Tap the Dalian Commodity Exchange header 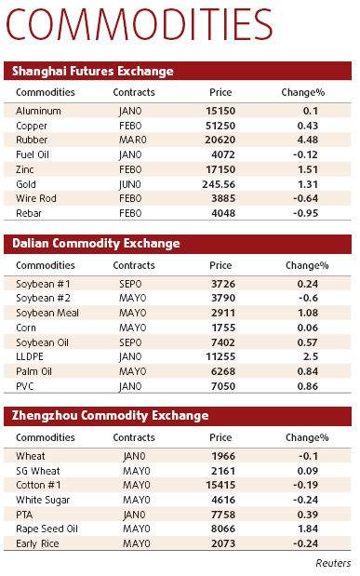click(x=96, y=244)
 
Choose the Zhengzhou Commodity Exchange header click(x=110, y=416)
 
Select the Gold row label click(x=28, y=184)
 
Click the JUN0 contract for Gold click(x=130, y=184)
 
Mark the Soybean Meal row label click(x=47, y=313)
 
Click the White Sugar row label click(x=43, y=500)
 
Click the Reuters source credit click(x=332, y=563)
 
